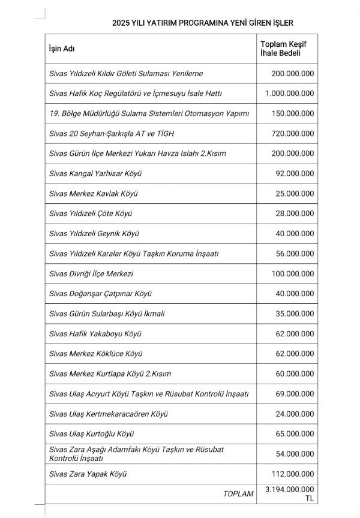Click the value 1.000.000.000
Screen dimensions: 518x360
289,93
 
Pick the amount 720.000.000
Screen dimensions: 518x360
292,133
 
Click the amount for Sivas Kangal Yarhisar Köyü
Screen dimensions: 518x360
294,173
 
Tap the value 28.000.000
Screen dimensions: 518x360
294,213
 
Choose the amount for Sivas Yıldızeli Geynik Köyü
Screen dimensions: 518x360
294,233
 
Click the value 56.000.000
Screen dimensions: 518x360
294,254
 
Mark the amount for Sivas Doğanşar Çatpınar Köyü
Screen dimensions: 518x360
294,293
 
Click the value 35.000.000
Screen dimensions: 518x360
294,314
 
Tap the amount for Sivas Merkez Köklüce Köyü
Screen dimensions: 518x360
294,353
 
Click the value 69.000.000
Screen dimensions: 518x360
294,394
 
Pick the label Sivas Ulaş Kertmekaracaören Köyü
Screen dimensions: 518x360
109,414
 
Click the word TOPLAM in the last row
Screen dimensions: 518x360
238,494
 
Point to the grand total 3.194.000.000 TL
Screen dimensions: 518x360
289,494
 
